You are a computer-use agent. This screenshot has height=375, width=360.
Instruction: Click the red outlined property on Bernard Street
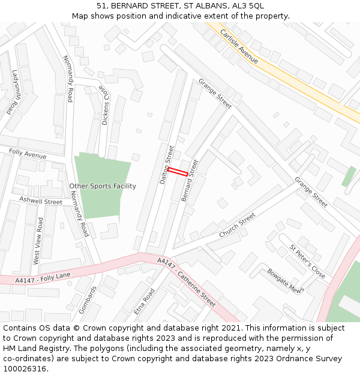coord(177,172)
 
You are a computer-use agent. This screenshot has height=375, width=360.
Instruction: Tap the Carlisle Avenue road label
coord(239,46)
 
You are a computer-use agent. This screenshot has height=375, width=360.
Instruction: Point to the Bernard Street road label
coord(189,180)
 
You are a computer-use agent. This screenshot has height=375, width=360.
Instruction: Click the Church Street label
coord(237,224)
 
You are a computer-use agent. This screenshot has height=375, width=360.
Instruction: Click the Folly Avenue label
coord(28,155)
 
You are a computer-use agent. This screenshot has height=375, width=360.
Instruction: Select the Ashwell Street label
coord(41,201)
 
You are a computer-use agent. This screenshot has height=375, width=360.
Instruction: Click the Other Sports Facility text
coord(103,186)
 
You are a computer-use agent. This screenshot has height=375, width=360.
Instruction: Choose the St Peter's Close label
coord(308,262)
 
